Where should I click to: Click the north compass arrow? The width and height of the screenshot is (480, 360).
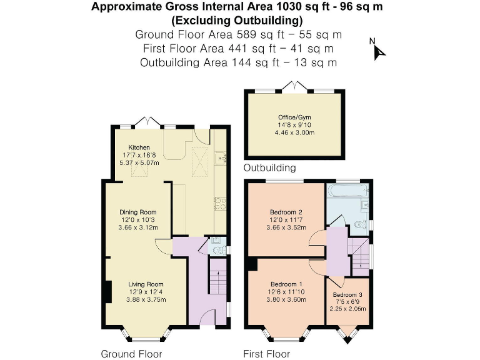379,51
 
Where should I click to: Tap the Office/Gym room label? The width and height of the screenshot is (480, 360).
293,117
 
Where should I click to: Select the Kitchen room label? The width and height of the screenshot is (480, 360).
139,147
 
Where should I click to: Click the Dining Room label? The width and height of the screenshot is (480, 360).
139,212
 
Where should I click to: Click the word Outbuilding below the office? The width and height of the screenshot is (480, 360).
269,168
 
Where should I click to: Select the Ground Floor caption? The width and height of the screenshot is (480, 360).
131,354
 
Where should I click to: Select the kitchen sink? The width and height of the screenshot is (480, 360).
221,157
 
